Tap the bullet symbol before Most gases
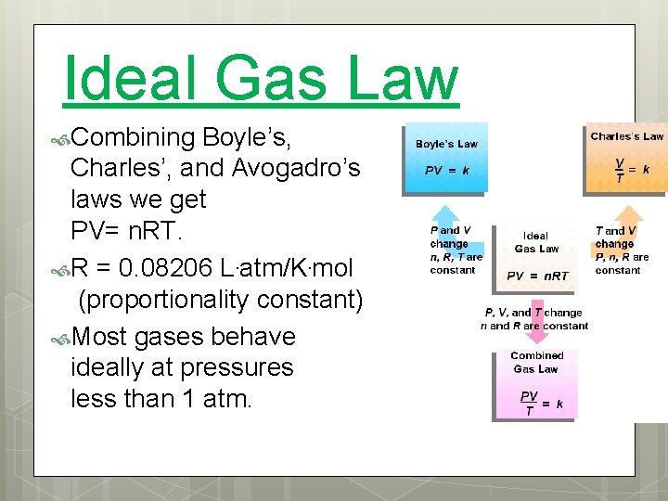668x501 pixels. click(x=60, y=337)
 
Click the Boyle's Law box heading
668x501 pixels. click(x=446, y=144)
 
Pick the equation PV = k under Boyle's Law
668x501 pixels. click(x=446, y=172)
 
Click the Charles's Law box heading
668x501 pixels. click(x=627, y=136)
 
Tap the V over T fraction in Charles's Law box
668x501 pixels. click(x=620, y=168)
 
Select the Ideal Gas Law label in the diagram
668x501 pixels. click(x=536, y=242)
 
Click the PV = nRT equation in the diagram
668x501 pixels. click(x=537, y=276)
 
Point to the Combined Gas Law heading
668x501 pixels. click(x=536, y=362)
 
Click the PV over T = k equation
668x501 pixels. click(x=541, y=403)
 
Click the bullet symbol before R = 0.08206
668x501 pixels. click(x=60, y=270)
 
